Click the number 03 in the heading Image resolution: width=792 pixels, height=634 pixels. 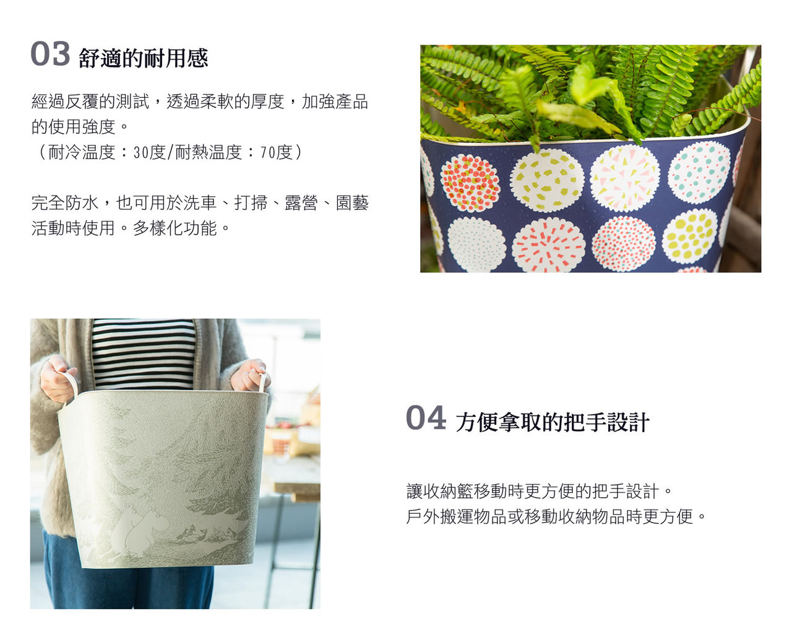coord(50,54)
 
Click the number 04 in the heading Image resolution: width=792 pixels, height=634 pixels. coord(426,418)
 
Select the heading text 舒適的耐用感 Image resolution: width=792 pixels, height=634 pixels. coord(144,59)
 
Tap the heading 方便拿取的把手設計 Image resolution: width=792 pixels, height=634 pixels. coord(553,423)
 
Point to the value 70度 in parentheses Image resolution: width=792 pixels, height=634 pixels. coord(276,152)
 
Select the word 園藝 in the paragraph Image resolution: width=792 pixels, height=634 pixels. coord(352,203)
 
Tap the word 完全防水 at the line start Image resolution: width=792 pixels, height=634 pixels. coord(65,203)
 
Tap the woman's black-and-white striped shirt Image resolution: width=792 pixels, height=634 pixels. coord(143,353)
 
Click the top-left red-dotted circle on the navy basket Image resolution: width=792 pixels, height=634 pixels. coord(470,183)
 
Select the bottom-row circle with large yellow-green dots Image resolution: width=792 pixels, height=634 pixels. coord(689,236)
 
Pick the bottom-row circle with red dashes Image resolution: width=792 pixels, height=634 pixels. coord(548,245)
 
